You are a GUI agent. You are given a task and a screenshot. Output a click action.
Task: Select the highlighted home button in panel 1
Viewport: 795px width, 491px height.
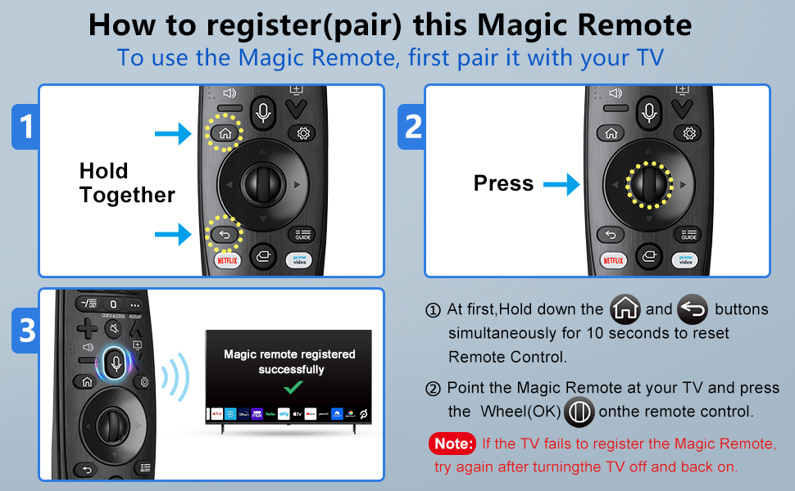click(225, 133)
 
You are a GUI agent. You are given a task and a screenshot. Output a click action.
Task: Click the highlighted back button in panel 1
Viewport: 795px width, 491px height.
click(225, 235)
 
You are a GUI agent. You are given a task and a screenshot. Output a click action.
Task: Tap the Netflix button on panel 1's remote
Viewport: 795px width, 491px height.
click(227, 260)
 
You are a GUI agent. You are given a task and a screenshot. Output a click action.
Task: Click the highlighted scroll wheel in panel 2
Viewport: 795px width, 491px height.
click(648, 184)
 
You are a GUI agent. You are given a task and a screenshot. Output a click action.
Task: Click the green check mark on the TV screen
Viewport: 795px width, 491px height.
click(293, 387)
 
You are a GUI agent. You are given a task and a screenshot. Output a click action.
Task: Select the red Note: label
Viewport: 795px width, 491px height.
click(452, 444)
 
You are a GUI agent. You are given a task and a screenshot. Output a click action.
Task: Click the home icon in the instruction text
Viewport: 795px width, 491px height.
click(625, 309)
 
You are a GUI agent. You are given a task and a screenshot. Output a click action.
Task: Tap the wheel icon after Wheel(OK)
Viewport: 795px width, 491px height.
click(579, 411)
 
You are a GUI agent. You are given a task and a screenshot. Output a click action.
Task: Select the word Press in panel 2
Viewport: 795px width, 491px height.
click(503, 184)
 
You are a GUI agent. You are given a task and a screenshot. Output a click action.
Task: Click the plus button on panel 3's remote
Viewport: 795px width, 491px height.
click(87, 329)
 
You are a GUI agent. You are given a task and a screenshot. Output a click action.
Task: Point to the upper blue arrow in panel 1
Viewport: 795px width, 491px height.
click(173, 133)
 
